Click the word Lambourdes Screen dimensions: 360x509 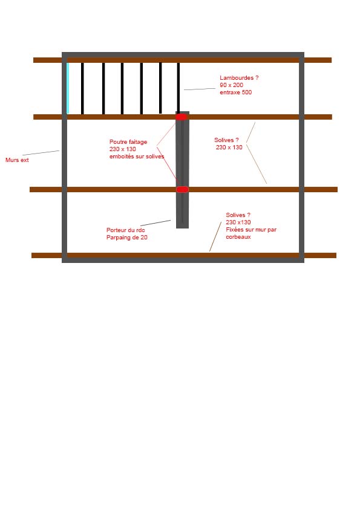[x=236, y=78]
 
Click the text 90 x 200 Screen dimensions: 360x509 [x=231, y=85]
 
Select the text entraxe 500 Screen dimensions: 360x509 [x=235, y=92]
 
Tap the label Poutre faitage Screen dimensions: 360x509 [x=128, y=142]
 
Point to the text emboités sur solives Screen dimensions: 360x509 [x=137, y=157]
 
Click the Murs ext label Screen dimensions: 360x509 [x=17, y=160]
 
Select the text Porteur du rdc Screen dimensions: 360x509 [x=125, y=230]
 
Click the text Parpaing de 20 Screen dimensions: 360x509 [x=126, y=238]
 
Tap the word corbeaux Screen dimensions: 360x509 [x=238, y=237]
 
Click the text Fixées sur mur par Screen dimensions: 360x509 [x=251, y=230]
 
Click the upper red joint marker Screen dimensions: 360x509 [x=182, y=117]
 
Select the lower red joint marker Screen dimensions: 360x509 [x=182, y=189]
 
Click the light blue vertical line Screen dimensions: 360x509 [x=68, y=88]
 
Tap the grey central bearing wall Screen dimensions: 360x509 [x=182, y=170]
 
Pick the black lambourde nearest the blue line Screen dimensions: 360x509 [x=82, y=88]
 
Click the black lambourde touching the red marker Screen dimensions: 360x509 [x=178, y=88]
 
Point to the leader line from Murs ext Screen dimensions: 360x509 [x=41, y=152]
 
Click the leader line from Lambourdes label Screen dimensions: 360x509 [x=200, y=89]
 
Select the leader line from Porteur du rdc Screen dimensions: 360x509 [x=155, y=222]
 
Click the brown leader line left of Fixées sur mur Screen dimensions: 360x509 [x=215, y=236]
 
